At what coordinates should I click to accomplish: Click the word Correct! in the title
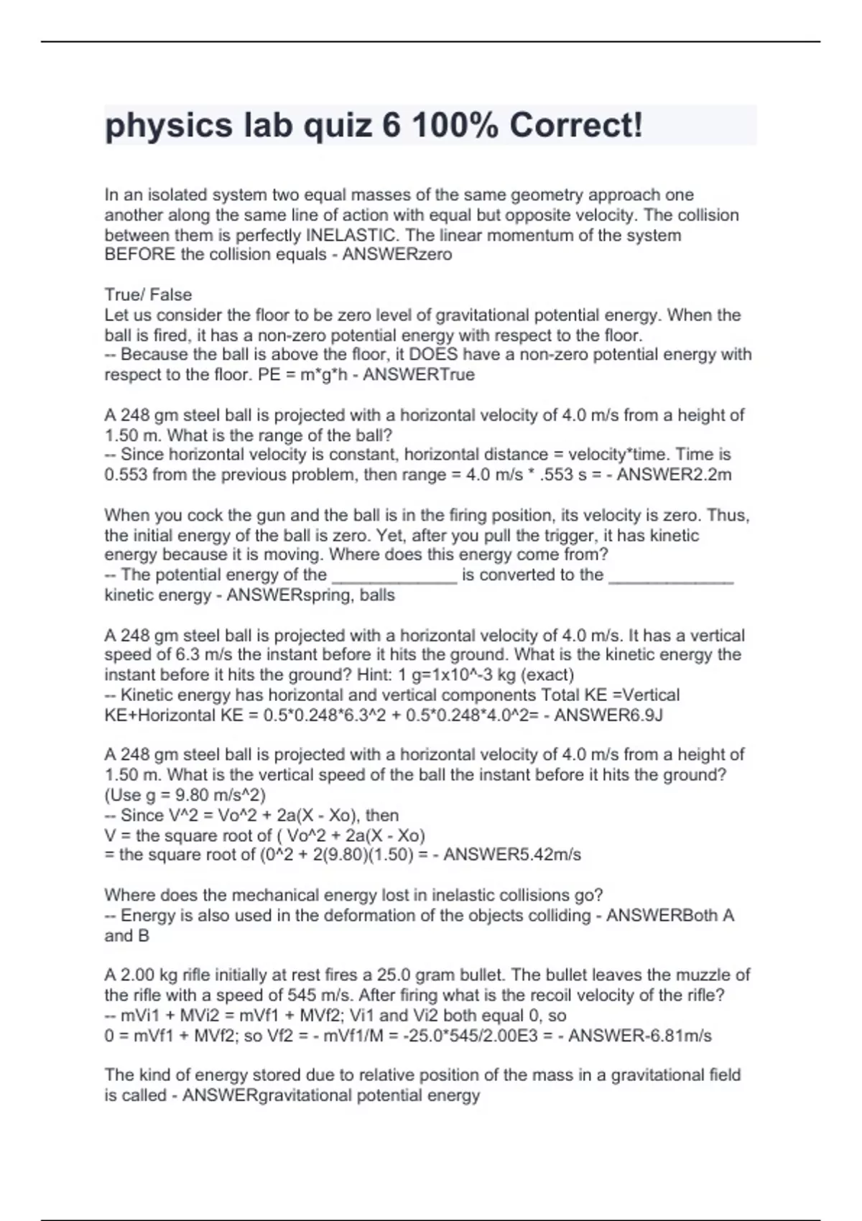[x=576, y=126]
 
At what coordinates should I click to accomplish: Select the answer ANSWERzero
[x=397, y=254]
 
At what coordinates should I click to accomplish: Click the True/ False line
[x=148, y=294]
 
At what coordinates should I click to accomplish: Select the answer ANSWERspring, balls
[x=310, y=595]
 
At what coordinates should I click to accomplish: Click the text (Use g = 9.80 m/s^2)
[x=185, y=795]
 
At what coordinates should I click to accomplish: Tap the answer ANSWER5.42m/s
[x=512, y=854]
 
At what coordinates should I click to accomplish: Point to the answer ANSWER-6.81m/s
[x=640, y=1035]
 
